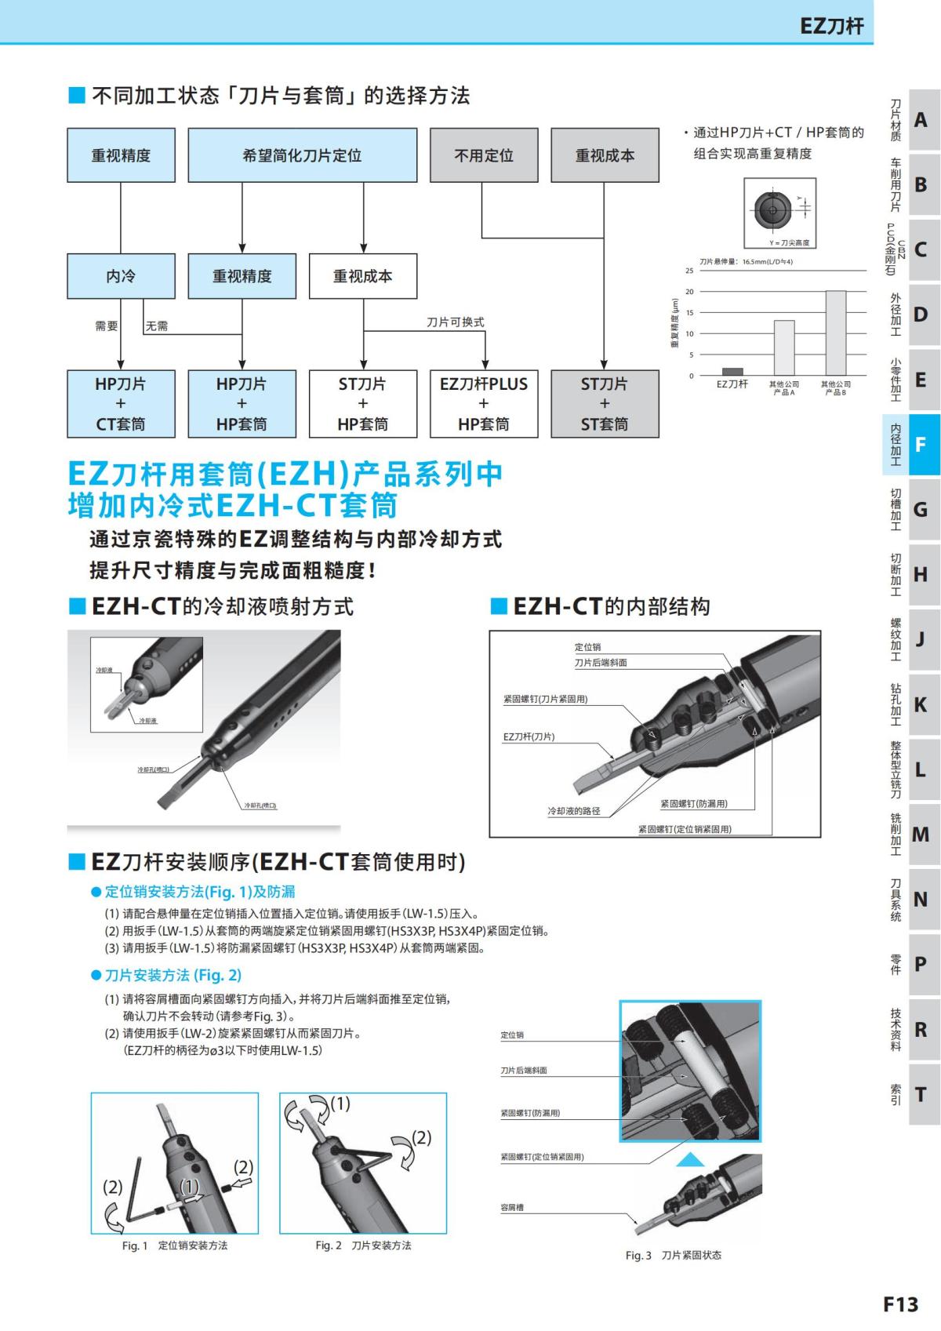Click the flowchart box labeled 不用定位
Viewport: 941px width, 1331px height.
tap(484, 155)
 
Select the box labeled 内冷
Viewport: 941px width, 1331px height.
tap(121, 276)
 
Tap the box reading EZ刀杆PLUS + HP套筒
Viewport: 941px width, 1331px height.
tap(484, 403)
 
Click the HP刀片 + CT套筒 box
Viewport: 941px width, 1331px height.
tap(121, 403)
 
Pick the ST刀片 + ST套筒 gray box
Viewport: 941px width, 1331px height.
tap(605, 403)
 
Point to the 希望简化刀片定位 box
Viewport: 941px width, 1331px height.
tap(302, 155)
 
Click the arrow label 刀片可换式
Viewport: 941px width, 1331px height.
tap(455, 322)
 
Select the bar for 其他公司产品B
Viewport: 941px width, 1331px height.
tap(835, 333)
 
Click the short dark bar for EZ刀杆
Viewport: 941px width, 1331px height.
tap(732, 372)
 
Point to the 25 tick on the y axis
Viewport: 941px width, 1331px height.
tap(689, 271)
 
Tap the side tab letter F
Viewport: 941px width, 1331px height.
tap(921, 445)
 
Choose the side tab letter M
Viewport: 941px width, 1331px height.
tap(921, 835)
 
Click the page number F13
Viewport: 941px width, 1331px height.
tap(900, 1304)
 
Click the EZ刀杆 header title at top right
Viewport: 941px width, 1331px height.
tap(831, 26)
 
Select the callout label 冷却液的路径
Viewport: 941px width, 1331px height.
tap(573, 811)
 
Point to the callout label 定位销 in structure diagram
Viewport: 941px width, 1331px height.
tap(587, 647)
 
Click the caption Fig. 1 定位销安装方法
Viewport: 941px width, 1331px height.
tap(175, 1246)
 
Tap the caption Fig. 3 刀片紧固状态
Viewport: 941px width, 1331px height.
tap(673, 1256)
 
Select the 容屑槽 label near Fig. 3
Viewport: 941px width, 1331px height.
tap(512, 1208)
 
